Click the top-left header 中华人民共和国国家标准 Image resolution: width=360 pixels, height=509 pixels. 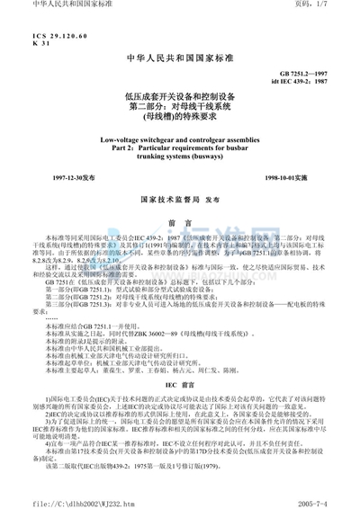point(45,5)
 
